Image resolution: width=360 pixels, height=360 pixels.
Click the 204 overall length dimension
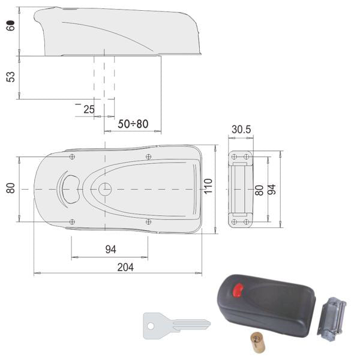click(125, 267)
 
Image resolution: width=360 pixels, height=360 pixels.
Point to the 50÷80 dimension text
click(132, 124)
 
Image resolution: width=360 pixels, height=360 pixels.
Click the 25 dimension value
click(89, 109)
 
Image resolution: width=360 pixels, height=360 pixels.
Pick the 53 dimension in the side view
click(11, 77)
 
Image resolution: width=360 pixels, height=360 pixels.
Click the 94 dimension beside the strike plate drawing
click(272, 189)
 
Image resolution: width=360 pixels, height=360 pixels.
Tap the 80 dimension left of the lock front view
click(11, 188)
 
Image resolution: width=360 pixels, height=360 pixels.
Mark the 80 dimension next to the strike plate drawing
click(259, 190)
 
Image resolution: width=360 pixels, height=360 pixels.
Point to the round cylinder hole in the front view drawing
click(105, 188)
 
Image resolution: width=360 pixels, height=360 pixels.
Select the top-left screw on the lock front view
click(72, 157)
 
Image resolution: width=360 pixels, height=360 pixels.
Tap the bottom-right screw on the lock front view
click(148, 221)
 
